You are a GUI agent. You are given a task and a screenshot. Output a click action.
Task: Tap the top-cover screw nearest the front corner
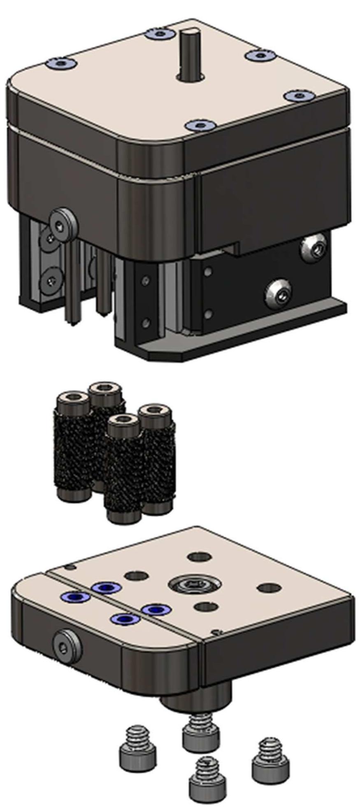[x=199, y=125]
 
